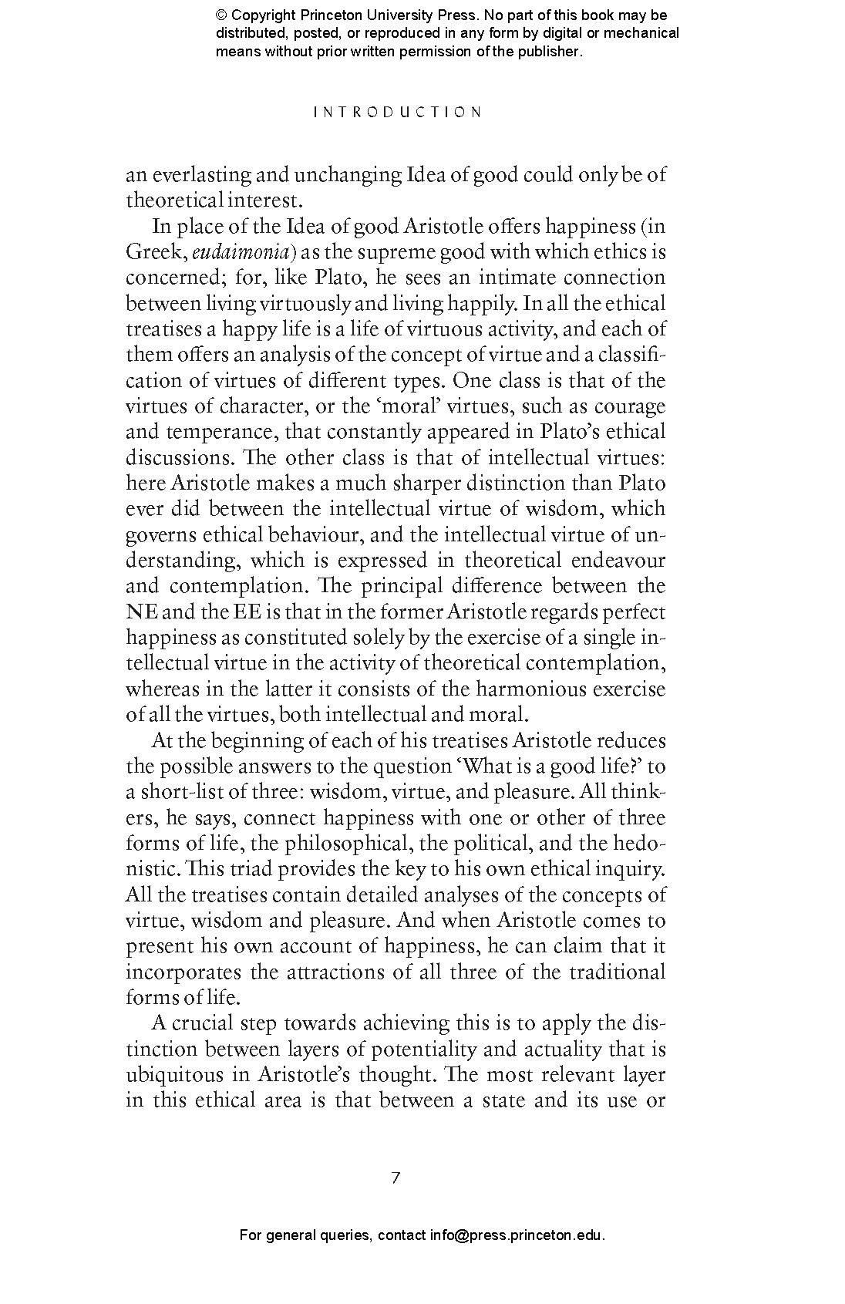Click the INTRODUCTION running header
(398, 113)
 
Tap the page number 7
(396, 1178)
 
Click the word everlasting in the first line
(199, 175)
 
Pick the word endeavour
(618, 561)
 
